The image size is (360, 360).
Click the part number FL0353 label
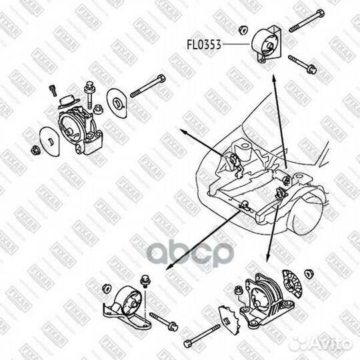203,46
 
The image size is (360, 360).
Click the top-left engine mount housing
79,127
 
